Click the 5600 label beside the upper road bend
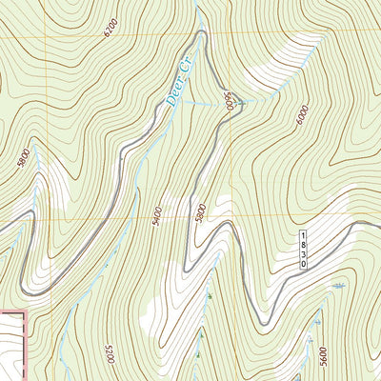[x=230, y=101]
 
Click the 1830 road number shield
[x=304, y=250]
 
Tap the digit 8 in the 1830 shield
[x=304, y=245]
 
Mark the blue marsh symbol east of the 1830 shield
[x=337, y=285]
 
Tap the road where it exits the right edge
[x=378, y=226]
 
